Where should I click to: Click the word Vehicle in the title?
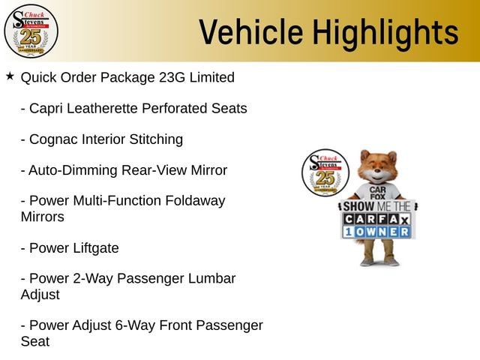[x=251, y=31]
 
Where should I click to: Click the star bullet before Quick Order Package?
[x=10, y=76]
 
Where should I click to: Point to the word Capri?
[x=46, y=109]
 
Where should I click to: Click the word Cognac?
[x=53, y=140]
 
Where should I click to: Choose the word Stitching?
[x=156, y=140]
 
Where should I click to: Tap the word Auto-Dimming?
[x=73, y=170]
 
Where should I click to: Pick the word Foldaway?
[x=195, y=202]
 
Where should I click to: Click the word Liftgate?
[x=96, y=248]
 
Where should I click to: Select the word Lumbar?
[x=211, y=278]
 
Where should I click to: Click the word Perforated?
[x=175, y=108]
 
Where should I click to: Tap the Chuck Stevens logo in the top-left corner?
[x=31, y=31]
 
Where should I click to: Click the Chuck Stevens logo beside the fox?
[x=325, y=172]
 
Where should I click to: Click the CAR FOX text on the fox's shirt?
[x=377, y=193]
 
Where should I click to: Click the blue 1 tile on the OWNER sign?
[x=348, y=232]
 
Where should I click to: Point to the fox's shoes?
[x=379, y=262]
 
